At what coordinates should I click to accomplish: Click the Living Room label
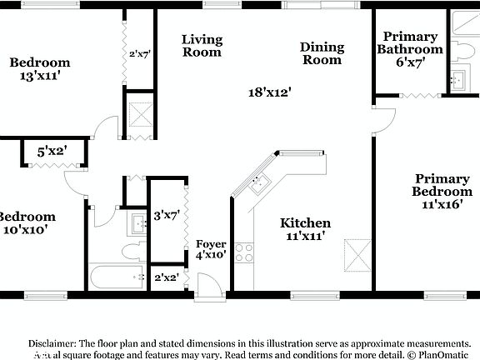pyautogui.click(x=202, y=46)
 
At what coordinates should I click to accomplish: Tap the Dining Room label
pyautogui.click(x=322, y=53)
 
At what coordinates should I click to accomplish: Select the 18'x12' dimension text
pyautogui.click(x=269, y=92)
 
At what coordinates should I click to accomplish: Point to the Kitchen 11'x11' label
pyautogui.click(x=305, y=229)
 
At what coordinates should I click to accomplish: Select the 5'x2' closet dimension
pyautogui.click(x=52, y=152)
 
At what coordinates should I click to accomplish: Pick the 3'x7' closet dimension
pyautogui.click(x=167, y=216)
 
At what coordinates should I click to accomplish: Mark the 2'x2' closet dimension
pyautogui.click(x=166, y=277)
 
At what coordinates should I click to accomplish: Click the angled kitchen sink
pyautogui.click(x=259, y=182)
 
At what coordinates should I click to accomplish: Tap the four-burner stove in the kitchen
pyautogui.click(x=244, y=252)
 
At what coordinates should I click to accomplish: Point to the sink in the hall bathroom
pyautogui.click(x=137, y=222)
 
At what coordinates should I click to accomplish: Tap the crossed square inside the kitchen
pyautogui.click(x=357, y=254)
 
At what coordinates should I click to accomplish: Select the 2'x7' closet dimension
pyautogui.click(x=138, y=55)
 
